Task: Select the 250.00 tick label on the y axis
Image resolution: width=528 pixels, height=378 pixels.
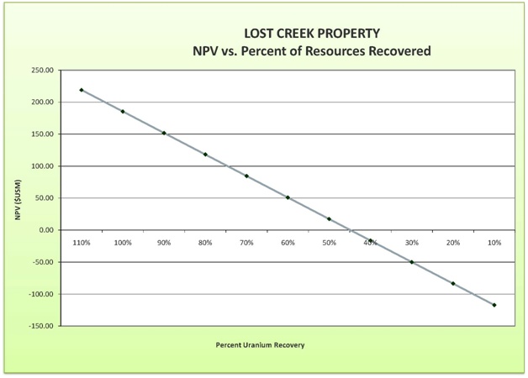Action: click(41, 71)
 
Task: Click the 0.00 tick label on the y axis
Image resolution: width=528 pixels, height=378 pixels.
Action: click(46, 230)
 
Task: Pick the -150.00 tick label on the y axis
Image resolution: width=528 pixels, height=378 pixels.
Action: click(40, 326)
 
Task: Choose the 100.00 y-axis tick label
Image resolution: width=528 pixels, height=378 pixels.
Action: click(41, 166)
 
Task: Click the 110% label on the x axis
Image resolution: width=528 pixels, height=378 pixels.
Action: click(82, 243)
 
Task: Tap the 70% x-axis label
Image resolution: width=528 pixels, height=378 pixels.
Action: click(246, 243)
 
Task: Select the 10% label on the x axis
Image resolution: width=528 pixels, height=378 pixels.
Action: click(494, 243)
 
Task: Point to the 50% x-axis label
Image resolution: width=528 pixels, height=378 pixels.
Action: click(329, 243)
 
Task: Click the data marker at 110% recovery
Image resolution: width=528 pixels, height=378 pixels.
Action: click(82, 90)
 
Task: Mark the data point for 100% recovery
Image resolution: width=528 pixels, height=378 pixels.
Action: click(123, 111)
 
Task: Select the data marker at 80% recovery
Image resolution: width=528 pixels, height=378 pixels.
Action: click(205, 155)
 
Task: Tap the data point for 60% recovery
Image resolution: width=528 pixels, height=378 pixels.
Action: click(288, 197)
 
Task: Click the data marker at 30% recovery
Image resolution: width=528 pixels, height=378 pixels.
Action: click(412, 262)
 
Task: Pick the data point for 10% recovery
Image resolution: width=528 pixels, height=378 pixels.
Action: click(494, 305)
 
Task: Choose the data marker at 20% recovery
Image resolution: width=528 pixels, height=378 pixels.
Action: click(453, 284)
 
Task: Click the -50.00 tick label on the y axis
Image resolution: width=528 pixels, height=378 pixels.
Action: click(41, 262)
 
